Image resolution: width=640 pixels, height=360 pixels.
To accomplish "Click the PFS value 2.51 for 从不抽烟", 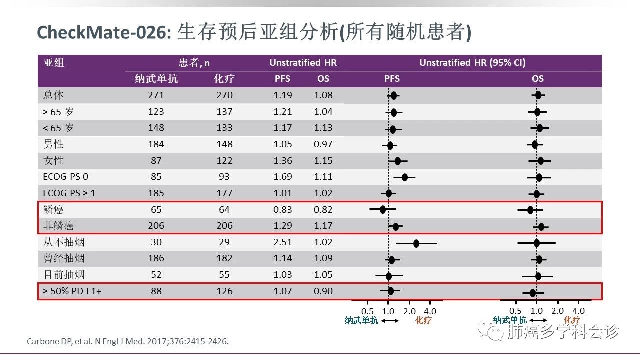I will pos(282,242).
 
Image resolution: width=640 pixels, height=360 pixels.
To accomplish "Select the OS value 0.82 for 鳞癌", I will pos(323,210).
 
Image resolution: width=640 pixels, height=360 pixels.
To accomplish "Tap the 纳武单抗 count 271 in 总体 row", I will pos(156,95).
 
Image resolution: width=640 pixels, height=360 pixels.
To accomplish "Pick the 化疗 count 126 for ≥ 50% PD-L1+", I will pos(224,291).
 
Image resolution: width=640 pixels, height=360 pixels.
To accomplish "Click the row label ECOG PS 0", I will pos(66,177).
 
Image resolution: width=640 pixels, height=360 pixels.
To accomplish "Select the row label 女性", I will pos(53,161).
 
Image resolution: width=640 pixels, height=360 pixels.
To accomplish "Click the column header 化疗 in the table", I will pos(224,79).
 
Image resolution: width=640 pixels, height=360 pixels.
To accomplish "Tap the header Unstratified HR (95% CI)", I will pos(472,63).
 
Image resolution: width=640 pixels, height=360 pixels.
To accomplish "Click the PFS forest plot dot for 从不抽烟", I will pos(416,243).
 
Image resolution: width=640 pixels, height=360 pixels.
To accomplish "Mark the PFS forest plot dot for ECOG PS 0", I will pos(404,177).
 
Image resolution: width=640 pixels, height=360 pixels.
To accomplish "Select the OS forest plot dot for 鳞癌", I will pos(530,210).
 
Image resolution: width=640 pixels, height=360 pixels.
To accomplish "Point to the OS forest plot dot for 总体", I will pos(538,95).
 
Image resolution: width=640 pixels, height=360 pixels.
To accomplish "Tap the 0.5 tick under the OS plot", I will pos(515,310).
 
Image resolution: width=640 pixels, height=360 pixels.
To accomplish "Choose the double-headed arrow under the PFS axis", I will pos(390,321).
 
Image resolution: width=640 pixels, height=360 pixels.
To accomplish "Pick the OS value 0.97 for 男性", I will pos(323,144).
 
